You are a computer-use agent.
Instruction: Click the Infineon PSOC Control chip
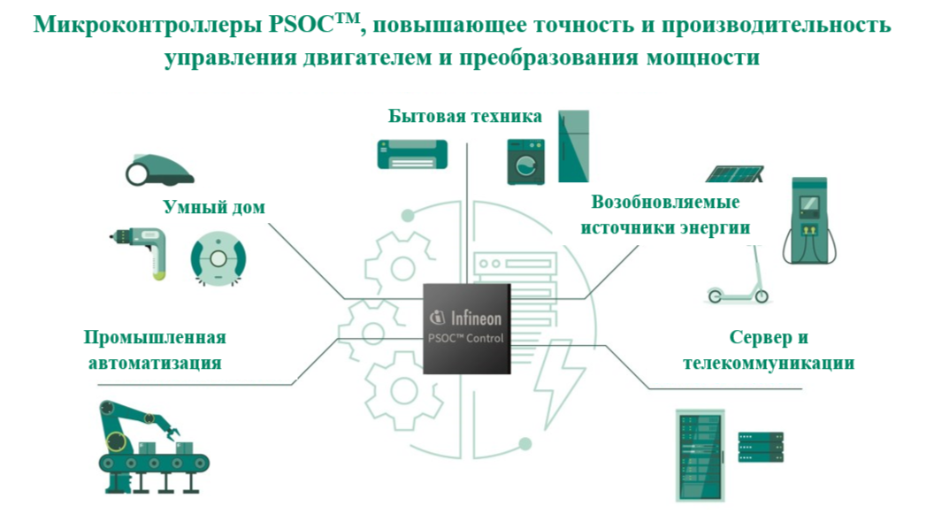(466, 328)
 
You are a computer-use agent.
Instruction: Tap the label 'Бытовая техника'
(465, 117)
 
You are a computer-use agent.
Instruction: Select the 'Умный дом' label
(214, 207)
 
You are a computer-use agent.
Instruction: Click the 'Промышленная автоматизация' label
(155, 350)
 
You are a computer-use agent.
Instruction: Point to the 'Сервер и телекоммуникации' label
(769, 350)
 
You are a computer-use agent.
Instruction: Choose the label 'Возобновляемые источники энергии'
(665, 214)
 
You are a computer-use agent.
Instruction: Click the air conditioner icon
(412, 153)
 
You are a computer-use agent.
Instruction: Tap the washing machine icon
(525, 161)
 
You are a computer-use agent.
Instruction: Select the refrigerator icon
(573, 146)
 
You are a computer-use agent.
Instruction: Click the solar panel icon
(736, 172)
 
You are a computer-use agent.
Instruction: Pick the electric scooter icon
(736, 278)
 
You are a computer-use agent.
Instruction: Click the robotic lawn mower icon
(158, 168)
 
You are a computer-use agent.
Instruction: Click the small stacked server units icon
(761, 447)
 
